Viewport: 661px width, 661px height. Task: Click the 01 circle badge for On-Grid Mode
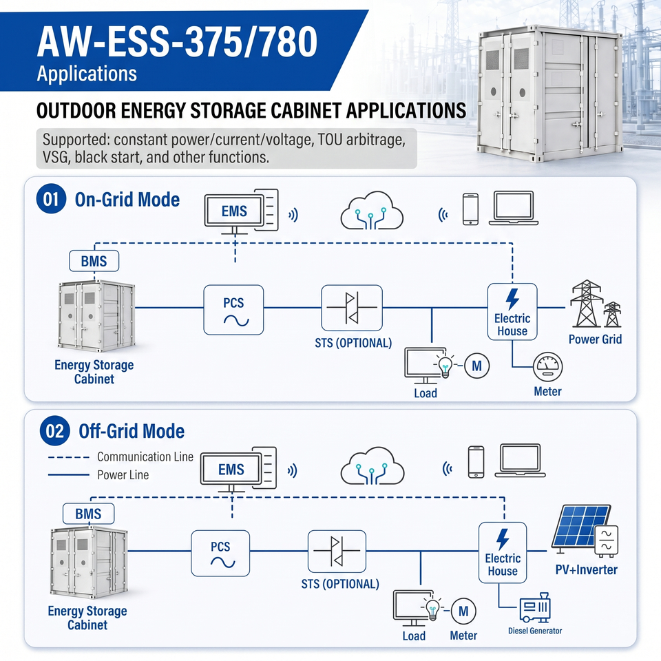click(x=51, y=198)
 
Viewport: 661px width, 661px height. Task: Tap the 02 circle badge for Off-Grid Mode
click(x=54, y=431)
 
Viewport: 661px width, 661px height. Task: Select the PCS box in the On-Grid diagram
click(x=233, y=310)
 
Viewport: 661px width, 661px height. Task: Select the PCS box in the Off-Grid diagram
click(x=220, y=553)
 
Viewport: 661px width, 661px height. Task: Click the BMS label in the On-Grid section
click(x=94, y=261)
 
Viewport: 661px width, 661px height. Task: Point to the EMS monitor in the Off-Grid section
click(x=231, y=469)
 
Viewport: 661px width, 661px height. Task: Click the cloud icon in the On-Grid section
click(x=371, y=211)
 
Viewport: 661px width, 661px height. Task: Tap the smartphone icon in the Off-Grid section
click(x=476, y=462)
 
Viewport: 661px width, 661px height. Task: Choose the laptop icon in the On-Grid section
click(x=514, y=208)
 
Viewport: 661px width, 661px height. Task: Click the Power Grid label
click(x=595, y=339)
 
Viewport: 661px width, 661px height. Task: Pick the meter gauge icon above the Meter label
click(x=547, y=367)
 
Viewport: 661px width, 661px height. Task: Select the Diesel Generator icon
click(x=535, y=607)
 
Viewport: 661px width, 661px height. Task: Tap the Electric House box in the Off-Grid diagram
click(x=503, y=553)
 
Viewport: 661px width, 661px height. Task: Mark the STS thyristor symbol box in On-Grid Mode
click(x=352, y=308)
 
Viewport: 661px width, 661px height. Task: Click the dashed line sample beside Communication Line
click(x=69, y=457)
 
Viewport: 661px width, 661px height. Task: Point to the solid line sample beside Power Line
click(x=69, y=475)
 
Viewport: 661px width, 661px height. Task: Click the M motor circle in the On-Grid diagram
click(x=476, y=366)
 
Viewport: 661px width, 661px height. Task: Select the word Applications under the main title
click(x=87, y=74)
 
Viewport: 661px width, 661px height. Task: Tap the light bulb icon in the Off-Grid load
click(x=432, y=608)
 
